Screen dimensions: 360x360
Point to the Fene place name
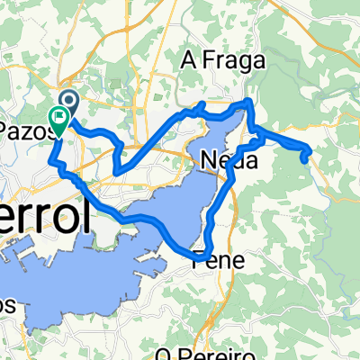pyautogui.click(x=212, y=261)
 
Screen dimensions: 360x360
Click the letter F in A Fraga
pyautogui.click(x=203, y=62)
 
